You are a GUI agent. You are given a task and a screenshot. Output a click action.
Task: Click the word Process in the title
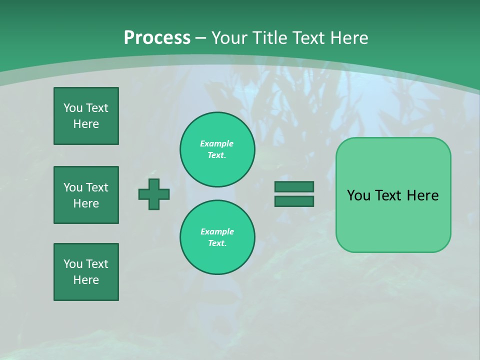coord(157,38)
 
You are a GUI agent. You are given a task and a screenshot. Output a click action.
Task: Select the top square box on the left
coord(86,116)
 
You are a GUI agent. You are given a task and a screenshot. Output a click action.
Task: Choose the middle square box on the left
coord(86,195)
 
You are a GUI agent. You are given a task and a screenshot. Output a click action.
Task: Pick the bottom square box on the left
coord(86,272)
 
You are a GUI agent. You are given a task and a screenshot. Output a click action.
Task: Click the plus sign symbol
coord(154,194)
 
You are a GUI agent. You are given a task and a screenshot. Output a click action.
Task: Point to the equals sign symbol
coord(294,194)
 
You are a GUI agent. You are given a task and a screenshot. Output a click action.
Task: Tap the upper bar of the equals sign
coord(294,187)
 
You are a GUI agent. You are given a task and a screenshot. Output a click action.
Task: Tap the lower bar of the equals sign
coord(294,201)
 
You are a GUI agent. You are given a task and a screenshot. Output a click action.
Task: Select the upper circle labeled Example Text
coord(217,149)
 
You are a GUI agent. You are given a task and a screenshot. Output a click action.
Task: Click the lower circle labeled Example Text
coord(217,237)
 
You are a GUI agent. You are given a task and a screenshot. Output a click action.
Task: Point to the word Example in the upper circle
coord(217,143)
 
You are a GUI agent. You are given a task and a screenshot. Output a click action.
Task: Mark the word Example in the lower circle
coord(217,231)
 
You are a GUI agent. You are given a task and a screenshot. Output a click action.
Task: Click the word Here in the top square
coord(86,124)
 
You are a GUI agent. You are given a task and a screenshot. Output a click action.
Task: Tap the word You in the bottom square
coord(73,264)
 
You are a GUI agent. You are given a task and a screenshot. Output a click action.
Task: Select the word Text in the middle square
coord(97,187)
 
